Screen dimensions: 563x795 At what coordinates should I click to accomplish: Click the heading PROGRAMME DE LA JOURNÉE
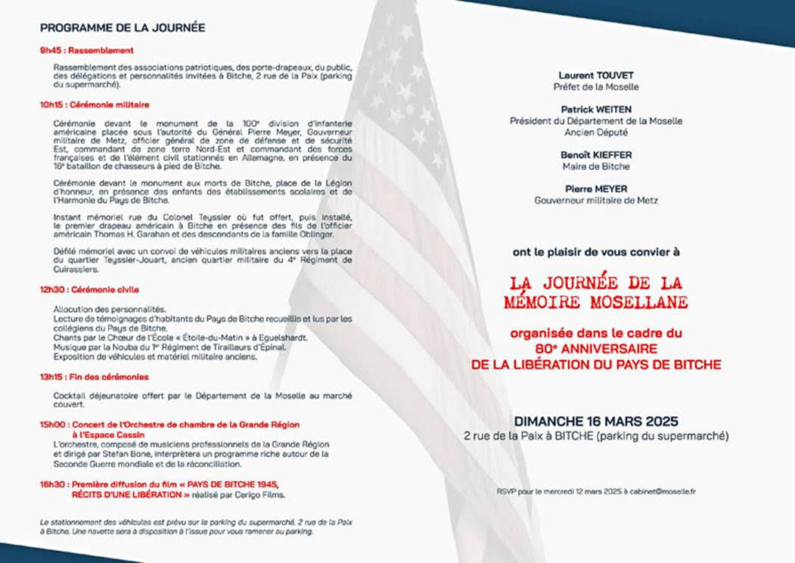[122, 28]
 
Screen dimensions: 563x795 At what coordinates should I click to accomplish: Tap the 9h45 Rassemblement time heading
[87, 51]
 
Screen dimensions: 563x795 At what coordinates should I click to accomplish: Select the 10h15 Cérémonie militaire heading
[95, 104]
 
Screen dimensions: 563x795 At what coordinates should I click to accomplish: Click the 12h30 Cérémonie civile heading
[89, 290]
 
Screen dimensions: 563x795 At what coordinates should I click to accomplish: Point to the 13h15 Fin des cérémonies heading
[95, 377]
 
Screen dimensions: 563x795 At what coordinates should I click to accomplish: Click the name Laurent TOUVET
[595, 76]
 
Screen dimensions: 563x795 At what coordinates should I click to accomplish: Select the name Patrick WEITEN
[595, 110]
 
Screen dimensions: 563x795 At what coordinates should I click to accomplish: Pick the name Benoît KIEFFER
[595, 155]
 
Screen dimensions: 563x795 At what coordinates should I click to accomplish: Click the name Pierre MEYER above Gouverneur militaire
[595, 189]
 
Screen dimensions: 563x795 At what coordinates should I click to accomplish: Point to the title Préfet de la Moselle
[595, 87]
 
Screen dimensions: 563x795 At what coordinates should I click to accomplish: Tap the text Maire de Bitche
[595, 166]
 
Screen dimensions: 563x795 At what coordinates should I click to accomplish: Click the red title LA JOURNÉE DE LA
[595, 283]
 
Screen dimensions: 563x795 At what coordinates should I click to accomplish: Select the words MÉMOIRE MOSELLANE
[595, 302]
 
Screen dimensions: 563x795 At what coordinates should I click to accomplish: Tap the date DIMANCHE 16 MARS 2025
[595, 421]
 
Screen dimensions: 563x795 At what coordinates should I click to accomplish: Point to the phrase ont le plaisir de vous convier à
[595, 252]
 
